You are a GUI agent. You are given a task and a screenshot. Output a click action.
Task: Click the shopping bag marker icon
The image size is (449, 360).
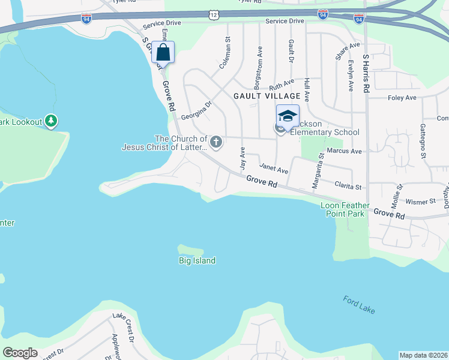[163, 52]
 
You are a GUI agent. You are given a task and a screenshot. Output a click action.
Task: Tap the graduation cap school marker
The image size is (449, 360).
[288, 116]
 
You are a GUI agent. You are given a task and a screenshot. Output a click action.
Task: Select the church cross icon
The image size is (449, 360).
[216, 142]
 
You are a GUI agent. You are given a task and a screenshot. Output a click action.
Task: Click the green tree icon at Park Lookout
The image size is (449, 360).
[52, 122]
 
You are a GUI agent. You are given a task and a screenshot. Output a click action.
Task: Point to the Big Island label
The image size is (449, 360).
[197, 260]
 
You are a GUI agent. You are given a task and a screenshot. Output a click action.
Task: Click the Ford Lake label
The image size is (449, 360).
[360, 304]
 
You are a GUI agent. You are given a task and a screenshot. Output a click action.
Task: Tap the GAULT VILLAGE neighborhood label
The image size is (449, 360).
[267, 96]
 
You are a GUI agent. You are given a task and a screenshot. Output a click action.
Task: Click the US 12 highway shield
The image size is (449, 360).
[214, 13]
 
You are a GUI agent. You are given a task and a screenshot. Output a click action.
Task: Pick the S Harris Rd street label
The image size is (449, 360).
[366, 73]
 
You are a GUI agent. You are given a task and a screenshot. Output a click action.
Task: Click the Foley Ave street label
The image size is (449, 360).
[402, 97]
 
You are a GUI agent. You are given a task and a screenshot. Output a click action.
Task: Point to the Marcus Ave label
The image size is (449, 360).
[344, 151]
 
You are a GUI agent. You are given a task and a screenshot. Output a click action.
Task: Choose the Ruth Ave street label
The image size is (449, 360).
[282, 84]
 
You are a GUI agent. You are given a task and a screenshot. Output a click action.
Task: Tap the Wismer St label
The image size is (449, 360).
[420, 203]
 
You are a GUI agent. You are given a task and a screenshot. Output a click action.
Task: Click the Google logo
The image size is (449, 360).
[20, 352]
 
